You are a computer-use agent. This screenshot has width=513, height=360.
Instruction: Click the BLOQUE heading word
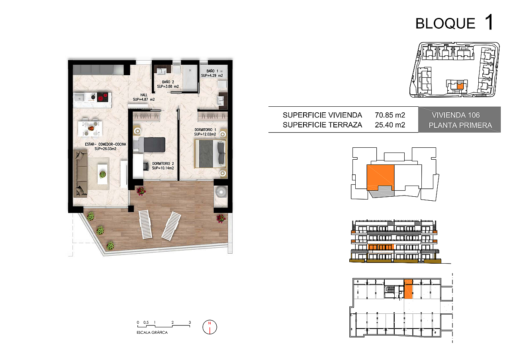pyautogui.click(x=445, y=23)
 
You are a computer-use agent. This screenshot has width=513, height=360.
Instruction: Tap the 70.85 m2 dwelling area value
pyautogui.click(x=390, y=115)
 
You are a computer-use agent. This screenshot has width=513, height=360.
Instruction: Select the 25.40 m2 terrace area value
pyautogui.click(x=390, y=125)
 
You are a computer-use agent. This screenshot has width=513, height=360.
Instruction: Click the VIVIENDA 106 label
pyautogui.click(x=456, y=115)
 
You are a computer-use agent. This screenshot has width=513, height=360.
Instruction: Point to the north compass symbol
pyautogui.click(x=210, y=327)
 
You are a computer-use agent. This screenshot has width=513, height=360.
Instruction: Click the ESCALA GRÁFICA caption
pyautogui.click(x=152, y=332)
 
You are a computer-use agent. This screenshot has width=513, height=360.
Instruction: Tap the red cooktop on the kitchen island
pyautogui.click(x=102, y=97)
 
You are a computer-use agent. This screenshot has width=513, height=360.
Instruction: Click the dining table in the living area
pyautogui.click(x=90, y=129)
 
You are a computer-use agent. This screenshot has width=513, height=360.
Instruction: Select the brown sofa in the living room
pyautogui.click(x=80, y=174)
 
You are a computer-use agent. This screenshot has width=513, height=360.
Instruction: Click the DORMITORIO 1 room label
pyautogui.click(x=205, y=129)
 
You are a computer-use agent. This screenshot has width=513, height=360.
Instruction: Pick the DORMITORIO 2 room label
pyautogui.click(x=163, y=164)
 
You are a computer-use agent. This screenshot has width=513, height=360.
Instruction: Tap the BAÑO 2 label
pyautogui.click(x=168, y=82)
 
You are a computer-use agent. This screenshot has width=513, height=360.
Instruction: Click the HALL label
pyautogui.click(x=144, y=95)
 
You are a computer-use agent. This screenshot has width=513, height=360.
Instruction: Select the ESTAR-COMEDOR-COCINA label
pyautogui.click(x=105, y=144)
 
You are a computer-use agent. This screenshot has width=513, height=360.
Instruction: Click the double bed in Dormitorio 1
pyautogui.click(x=210, y=154)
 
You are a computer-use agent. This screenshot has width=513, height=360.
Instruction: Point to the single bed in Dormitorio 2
pyautogui.click(x=149, y=145)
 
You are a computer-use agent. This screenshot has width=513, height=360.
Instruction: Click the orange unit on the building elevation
pyautogui.click(x=381, y=247)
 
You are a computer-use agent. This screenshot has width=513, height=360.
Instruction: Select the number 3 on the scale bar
pyautogui.click(x=190, y=322)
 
